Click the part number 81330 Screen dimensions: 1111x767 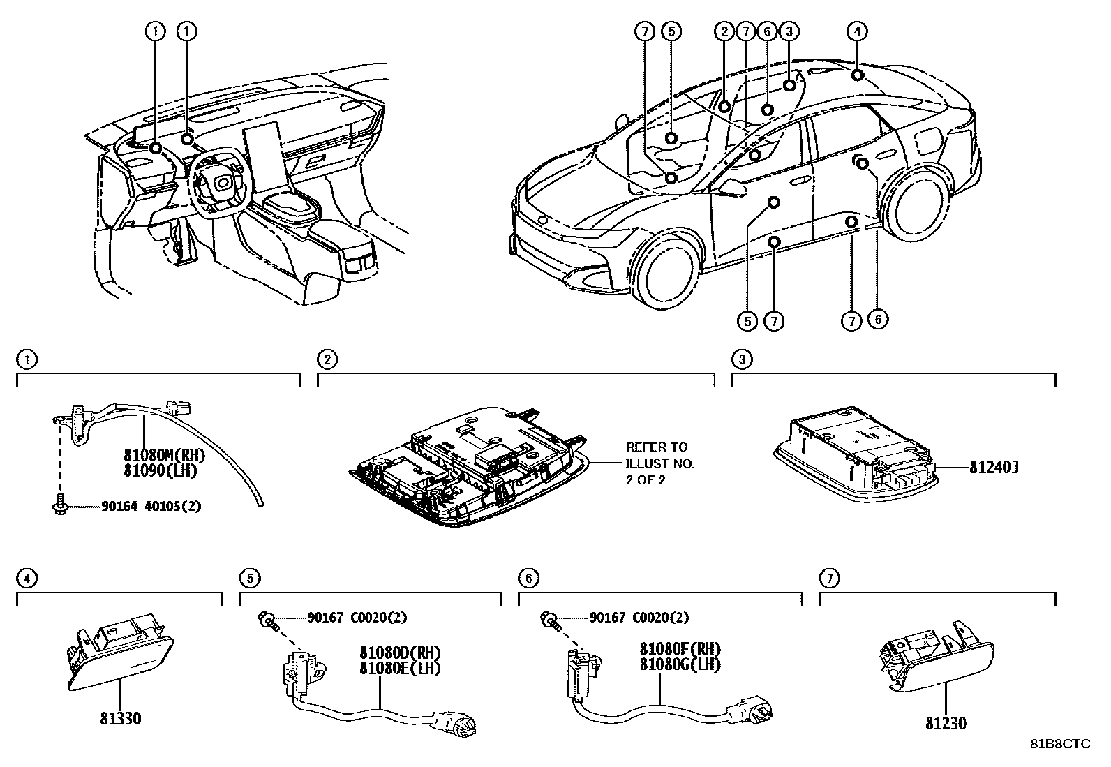121,718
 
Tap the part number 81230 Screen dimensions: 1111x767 946,723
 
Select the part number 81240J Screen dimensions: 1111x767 994,468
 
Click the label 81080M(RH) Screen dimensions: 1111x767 164,454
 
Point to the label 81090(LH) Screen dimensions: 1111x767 161,470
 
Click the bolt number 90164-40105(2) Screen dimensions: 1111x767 151,507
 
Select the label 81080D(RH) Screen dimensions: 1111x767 400,653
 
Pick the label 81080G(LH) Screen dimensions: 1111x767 680,664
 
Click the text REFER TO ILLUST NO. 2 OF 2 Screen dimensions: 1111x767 660,463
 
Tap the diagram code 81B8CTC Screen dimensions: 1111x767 1061,744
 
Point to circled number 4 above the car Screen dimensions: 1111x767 857,31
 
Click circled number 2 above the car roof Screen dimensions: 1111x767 724,31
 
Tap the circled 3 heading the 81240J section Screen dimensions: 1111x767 742,359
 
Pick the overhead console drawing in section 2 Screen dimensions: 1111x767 469,466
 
